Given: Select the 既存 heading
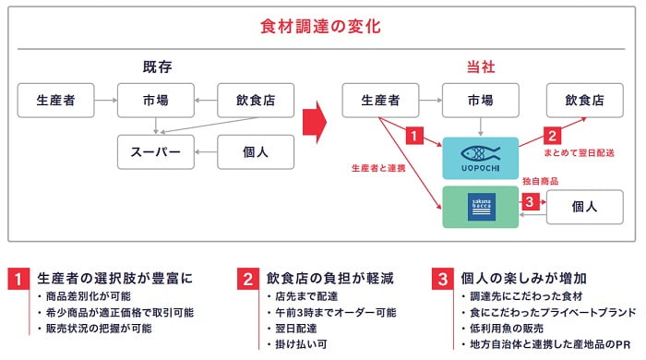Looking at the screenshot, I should [157, 67].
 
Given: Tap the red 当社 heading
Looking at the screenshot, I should [483, 67].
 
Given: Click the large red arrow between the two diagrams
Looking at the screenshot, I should [317, 118].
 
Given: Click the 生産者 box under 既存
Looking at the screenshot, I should [57, 99].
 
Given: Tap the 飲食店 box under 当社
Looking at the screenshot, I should [584, 99].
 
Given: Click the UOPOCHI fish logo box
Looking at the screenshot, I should [481, 157].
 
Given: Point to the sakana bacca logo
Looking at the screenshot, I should [481, 206].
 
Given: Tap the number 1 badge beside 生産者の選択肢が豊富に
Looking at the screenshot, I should [17, 277].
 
